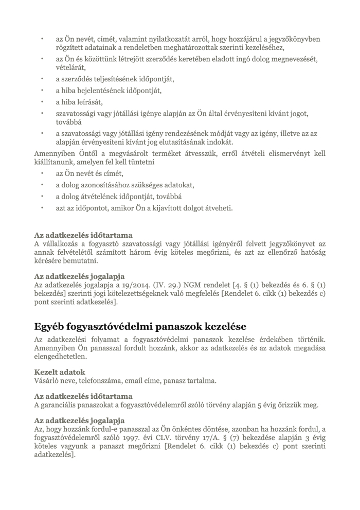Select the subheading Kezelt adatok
(60, 372)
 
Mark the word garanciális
(62, 405)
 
